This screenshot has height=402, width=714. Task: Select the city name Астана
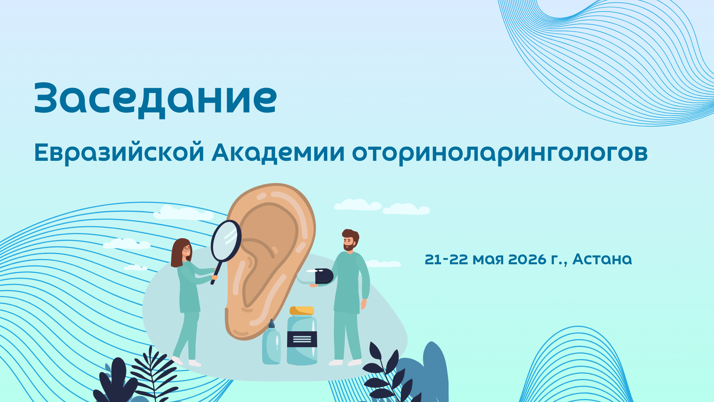tap(602, 259)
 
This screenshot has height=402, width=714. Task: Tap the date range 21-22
tap(446, 259)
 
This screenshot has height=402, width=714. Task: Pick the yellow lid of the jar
tap(302, 311)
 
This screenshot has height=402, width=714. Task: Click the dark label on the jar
tap(302, 339)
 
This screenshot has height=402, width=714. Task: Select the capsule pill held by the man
tap(315, 276)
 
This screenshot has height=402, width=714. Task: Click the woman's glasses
tap(187, 249)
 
